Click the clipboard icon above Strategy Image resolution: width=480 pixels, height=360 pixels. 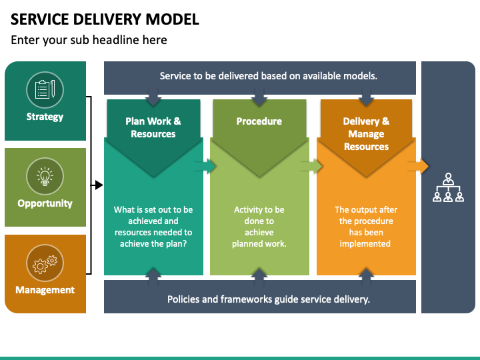coord(45,89)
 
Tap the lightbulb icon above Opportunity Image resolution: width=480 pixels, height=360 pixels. coord(45,176)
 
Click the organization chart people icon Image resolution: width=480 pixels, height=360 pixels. coord(448,187)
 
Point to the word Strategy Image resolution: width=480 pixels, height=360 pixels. coord(45,117)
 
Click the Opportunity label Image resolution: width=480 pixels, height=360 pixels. coord(45,203)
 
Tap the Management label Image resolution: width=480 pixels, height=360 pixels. coord(45,290)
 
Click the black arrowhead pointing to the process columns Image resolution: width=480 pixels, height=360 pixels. coord(99,185)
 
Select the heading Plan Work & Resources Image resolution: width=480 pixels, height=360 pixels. coord(153,127)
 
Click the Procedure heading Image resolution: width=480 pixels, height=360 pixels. coord(259,121)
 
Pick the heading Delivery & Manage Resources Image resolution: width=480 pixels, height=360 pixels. coord(366,134)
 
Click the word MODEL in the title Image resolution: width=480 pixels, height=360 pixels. coord(173,19)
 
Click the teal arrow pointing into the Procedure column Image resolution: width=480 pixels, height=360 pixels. coord(206,167)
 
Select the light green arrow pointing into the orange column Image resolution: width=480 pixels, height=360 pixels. coord(311,167)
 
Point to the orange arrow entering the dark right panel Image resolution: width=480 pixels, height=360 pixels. coord(418,167)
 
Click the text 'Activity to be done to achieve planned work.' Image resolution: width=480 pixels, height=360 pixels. coord(259,227)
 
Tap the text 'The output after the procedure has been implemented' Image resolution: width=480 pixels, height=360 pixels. coord(366,227)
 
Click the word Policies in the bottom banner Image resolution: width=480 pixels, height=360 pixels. coord(183,299)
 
